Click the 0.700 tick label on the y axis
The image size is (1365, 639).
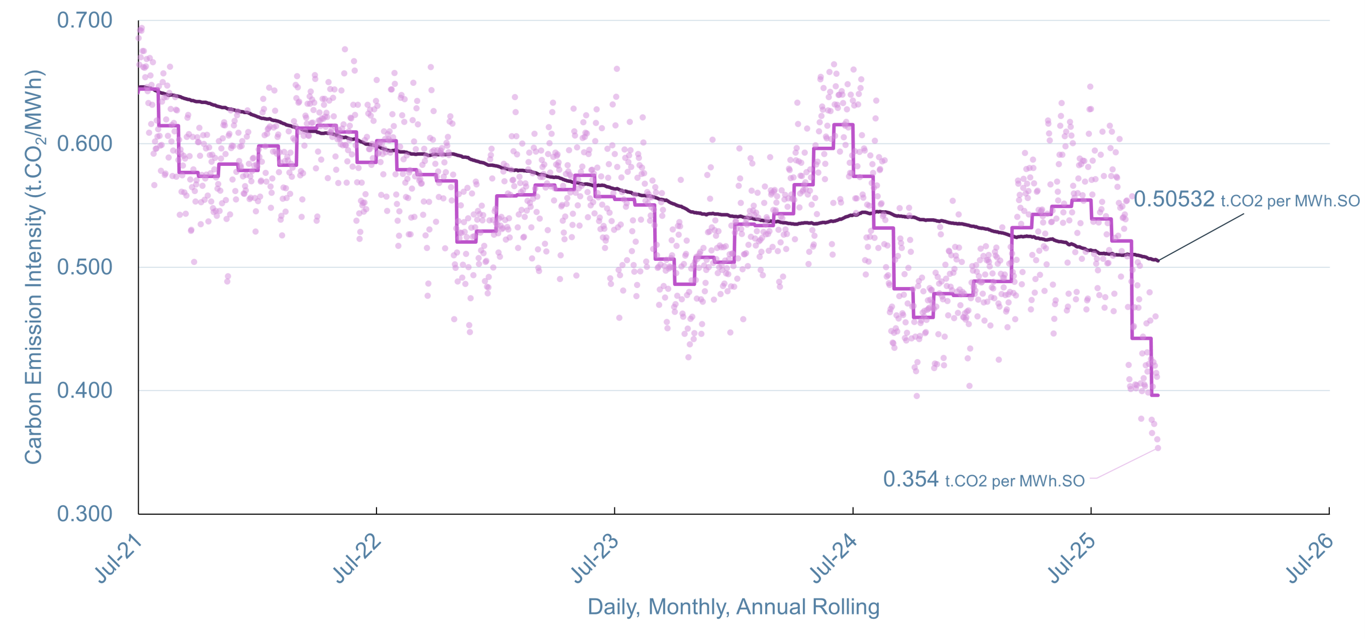coord(84,21)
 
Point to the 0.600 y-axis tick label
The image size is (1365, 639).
coord(84,144)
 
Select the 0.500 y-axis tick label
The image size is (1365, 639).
coord(84,267)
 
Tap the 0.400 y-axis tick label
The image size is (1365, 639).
coord(84,390)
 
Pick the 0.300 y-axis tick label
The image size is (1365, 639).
coord(84,514)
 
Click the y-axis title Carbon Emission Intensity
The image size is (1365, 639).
coord(34,267)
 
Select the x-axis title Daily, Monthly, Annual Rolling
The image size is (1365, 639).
coord(733,607)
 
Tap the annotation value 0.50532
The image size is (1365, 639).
coord(1174,199)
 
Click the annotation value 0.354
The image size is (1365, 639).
coord(910,479)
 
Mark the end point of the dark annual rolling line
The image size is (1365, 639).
coord(1158,260)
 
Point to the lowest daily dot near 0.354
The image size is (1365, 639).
coord(1158,448)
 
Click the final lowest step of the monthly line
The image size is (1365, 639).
coord(1155,395)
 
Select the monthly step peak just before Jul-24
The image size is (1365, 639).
coord(843,125)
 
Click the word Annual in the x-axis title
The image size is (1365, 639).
coord(771,607)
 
